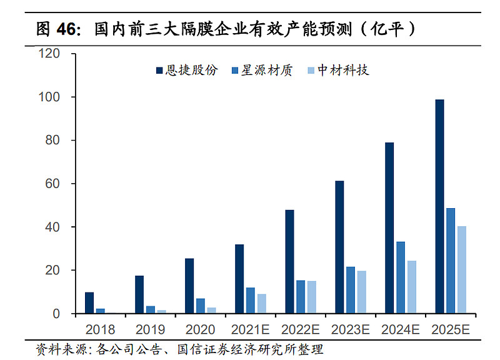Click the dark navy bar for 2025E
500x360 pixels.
coord(439,206)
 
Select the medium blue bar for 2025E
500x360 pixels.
coord(451,261)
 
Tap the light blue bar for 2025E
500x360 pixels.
coord(462,269)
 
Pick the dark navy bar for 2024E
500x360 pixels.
coord(389,228)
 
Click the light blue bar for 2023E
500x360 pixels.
coord(362,292)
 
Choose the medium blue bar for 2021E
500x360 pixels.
coord(251,300)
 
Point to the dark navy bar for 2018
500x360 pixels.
coord(89,302)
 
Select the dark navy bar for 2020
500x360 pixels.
coord(189,286)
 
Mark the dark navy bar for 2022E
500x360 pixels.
coord(289,261)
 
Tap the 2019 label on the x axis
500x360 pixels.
coord(150,329)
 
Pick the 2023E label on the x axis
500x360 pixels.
coord(350,329)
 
